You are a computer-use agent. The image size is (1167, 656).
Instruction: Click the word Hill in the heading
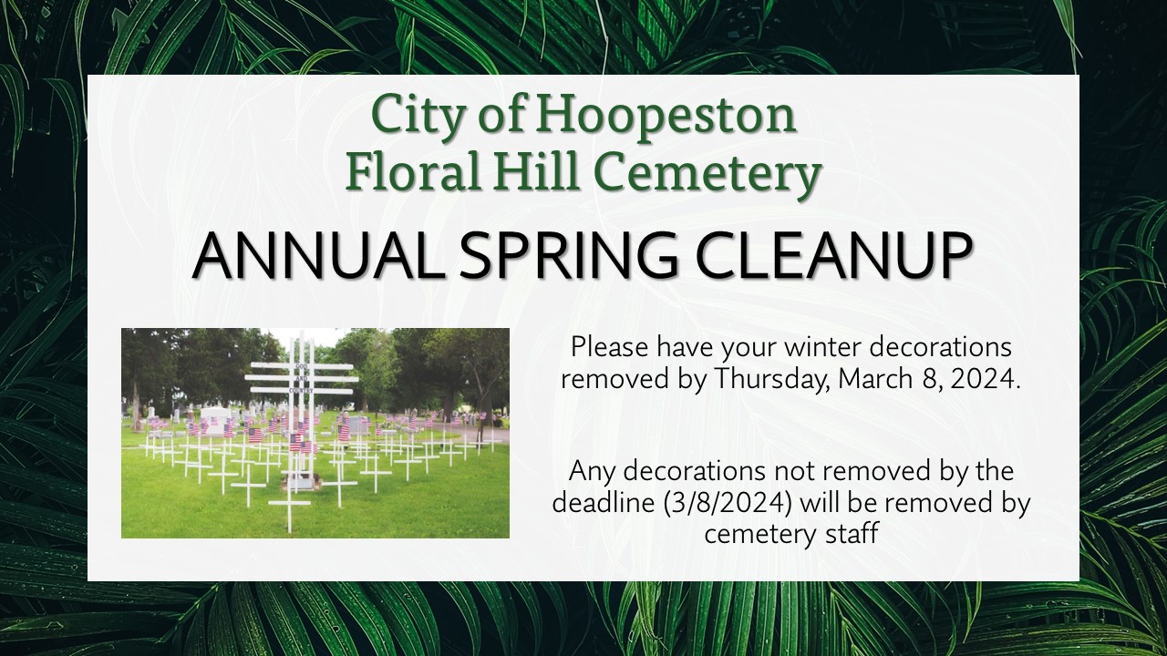pyautogui.click(x=542, y=173)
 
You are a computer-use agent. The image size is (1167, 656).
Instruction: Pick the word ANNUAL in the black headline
pyautogui.click(x=318, y=256)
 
